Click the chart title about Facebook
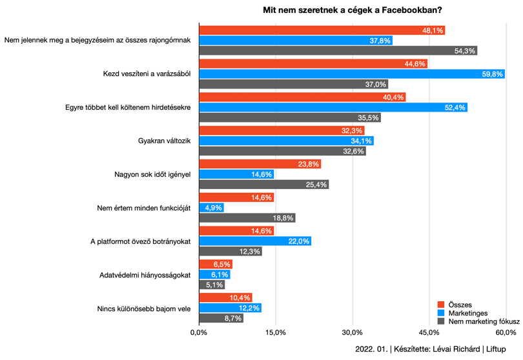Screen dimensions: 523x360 click(x=353, y=10)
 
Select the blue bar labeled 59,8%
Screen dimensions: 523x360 click(x=352, y=74)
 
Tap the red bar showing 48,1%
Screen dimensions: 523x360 click(x=322, y=30)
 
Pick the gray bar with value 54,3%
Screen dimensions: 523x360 click(x=338, y=51)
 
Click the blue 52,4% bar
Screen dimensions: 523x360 click(x=333, y=107)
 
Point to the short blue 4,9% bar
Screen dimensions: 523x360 click(x=212, y=208)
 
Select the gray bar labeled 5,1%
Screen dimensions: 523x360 click(x=212, y=285)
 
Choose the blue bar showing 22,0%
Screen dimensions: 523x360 click(x=255, y=241)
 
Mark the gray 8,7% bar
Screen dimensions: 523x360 click(x=221, y=318)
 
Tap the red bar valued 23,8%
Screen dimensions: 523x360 click(x=260, y=164)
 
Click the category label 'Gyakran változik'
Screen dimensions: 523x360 click(x=164, y=141)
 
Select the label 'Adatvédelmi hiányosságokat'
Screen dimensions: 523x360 click(x=145, y=275)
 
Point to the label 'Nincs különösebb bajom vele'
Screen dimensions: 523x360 click(x=144, y=308)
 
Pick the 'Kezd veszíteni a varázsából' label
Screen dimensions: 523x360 click(x=147, y=74)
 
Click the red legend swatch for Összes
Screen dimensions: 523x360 click(x=441, y=305)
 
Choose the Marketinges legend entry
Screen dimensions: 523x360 click(x=462, y=313)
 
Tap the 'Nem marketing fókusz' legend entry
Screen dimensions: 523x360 click(x=478, y=321)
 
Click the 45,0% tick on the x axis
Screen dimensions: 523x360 click(x=429, y=332)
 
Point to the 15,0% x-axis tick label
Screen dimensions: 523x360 click(x=276, y=332)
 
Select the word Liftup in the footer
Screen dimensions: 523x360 click(x=496, y=349)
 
